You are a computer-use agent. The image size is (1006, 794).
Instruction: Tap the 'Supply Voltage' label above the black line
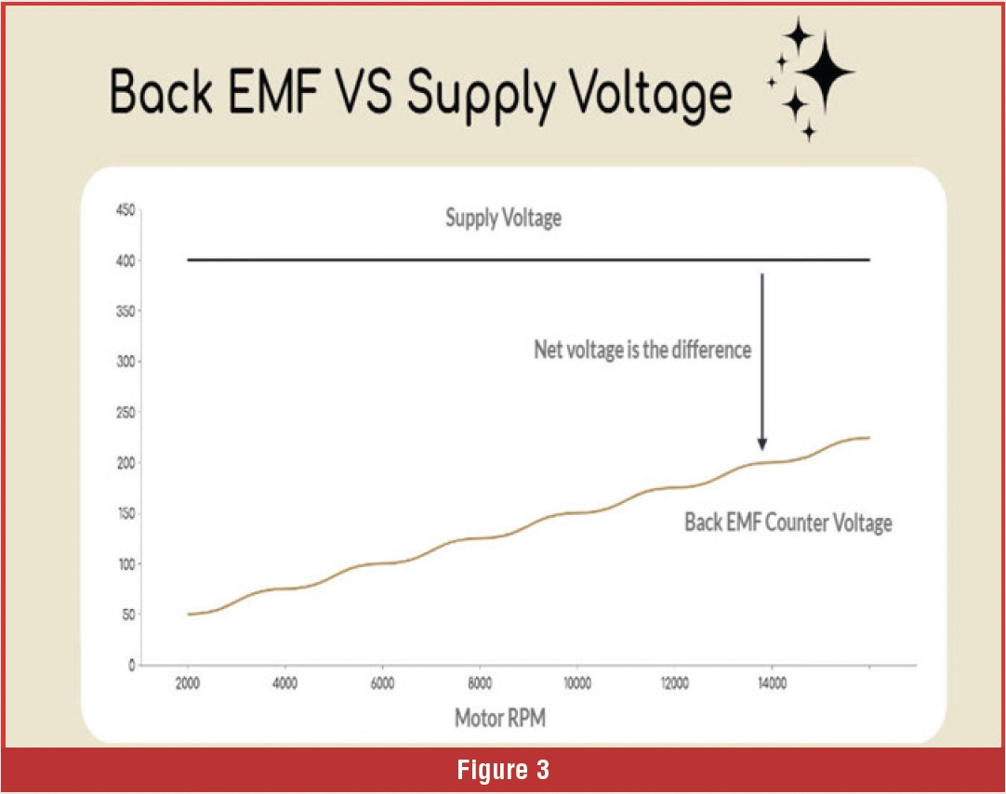[x=503, y=219]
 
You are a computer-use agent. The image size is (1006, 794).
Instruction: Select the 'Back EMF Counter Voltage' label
[x=788, y=523]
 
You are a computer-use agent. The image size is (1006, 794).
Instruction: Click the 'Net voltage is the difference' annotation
[x=642, y=351]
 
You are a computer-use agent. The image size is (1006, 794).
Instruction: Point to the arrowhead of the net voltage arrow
[x=761, y=445]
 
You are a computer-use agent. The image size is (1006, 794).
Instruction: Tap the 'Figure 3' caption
[x=503, y=770]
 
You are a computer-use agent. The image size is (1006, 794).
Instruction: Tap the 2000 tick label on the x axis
[x=188, y=683]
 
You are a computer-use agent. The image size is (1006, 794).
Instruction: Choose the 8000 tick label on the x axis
[x=480, y=683]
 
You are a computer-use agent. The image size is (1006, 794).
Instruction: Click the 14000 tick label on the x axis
[x=772, y=683]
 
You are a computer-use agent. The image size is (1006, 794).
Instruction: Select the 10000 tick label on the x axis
[x=576, y=683]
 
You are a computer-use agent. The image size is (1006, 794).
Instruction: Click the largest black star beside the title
[x=823, y=73]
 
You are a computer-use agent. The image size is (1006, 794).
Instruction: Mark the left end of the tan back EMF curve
[x=189, y=614]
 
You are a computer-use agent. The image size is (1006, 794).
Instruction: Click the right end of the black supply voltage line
[x=868, y=260]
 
